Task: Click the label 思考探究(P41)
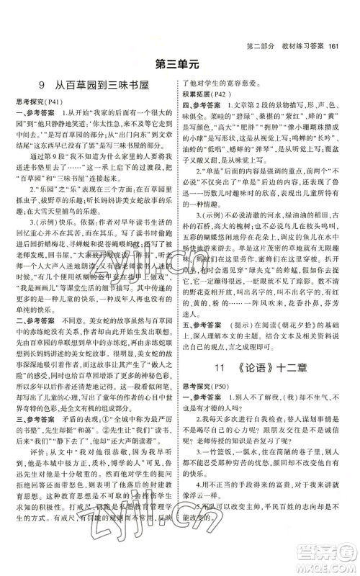point(42,103)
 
